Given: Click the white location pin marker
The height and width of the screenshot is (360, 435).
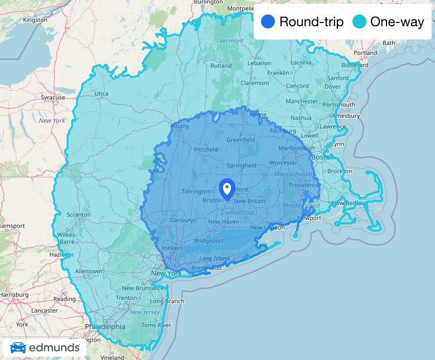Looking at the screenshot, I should click(226, 188).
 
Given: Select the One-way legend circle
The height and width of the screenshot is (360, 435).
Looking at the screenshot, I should click(360, 22).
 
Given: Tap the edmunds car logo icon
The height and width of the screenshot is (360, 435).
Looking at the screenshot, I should click(18, 347).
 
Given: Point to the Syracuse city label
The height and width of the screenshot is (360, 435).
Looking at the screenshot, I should click(53, 98).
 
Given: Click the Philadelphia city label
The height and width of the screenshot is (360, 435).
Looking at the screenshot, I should click(105, 327).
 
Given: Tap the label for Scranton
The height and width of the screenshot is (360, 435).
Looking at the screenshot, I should click(78, 215).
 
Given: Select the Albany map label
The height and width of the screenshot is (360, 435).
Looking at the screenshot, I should click(180, 127).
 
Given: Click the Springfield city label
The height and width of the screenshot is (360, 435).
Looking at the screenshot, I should click(241, 166).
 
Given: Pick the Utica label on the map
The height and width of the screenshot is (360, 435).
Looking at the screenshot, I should click(101, 94).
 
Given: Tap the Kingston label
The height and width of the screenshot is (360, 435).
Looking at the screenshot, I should click(35, 20).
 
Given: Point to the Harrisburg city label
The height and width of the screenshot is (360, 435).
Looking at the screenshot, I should click(14, 294).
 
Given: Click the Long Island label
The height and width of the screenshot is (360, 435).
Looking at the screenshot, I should click(214, 259).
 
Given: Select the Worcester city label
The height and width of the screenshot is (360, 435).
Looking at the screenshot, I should click(283, 163).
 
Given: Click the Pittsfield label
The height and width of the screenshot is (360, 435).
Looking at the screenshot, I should click(205, 150).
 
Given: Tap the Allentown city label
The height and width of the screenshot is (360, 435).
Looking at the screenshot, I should click(89, 271).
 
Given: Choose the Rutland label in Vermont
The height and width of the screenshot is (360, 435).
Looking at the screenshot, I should click(221, 66).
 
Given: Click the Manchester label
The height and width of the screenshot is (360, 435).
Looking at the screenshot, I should click(301, 101).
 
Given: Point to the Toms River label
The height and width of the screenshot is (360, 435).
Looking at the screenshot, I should click(152, 325).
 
